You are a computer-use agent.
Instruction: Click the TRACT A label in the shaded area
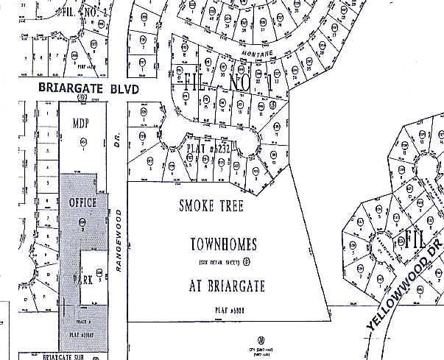tap(83, 323)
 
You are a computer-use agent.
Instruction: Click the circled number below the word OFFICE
tap(82, 221)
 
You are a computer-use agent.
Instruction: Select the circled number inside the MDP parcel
tap(83, 141)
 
